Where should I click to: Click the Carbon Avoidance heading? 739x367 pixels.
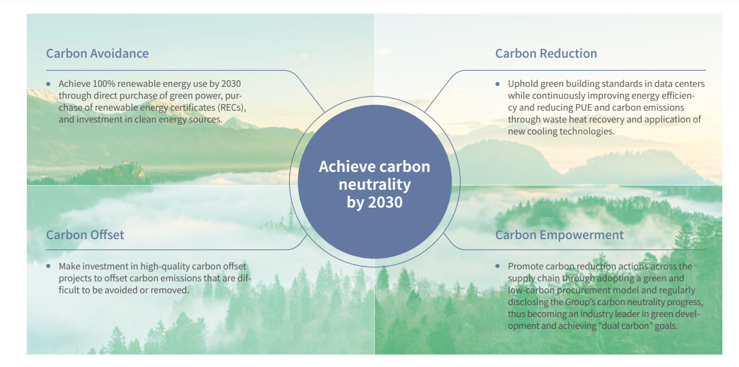(x=98, y=54)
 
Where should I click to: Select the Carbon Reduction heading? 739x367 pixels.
(x=546, y=54)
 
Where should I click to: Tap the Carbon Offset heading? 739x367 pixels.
(x=85, y=235)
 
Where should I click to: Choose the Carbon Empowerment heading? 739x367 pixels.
(x=559, y=235)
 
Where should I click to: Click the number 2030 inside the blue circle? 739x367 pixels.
(x=385, y=202)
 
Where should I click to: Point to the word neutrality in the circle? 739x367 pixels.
(x=375, y=184)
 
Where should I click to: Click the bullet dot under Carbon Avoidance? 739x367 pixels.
(x=49, y=84)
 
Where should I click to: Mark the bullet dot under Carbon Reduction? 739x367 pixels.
(x=497, y=84)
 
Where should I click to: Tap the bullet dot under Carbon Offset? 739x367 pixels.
(x=49, y=266)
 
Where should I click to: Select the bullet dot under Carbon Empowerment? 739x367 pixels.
(x=497, y=266)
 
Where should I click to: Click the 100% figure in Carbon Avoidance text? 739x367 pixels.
(x=104, y=84)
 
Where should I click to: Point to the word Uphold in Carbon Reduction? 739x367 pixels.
(x=521, y=84)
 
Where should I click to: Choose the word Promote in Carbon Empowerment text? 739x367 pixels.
(x=525, y=266)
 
